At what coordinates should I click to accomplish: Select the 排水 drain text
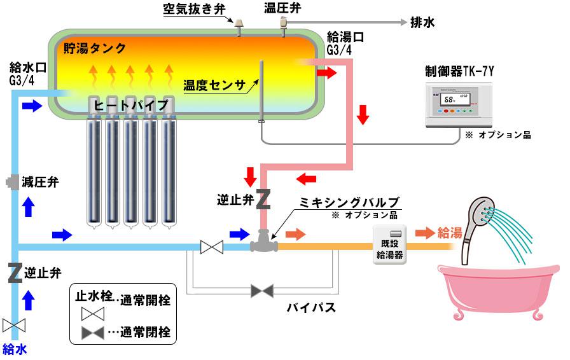click(x=423, y=23)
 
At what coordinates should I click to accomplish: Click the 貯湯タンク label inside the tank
click(x=95, y=48)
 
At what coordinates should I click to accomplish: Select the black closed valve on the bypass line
click(x=261, y=291)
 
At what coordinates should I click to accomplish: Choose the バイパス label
click(x=310, y=308)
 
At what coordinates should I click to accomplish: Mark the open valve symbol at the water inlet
click(x=13, y=325)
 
